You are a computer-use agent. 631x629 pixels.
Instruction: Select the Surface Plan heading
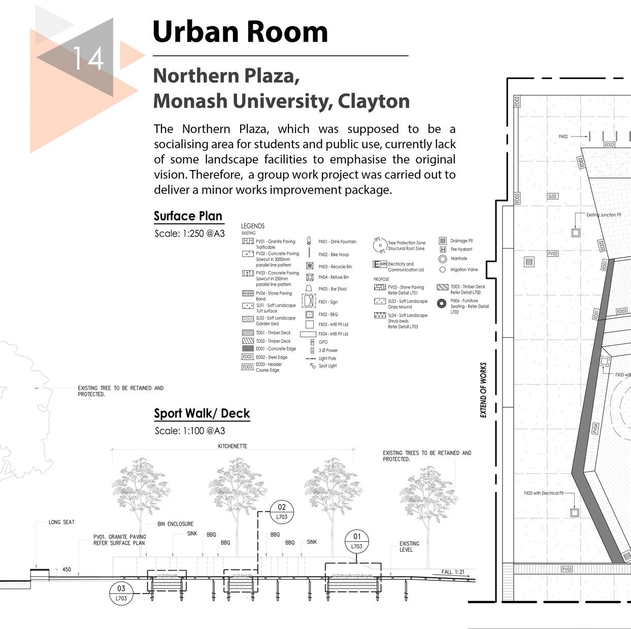pos(188,216)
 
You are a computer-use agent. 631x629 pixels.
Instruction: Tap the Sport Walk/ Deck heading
pos(202,413)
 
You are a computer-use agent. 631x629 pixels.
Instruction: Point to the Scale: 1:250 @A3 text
pos(189,234)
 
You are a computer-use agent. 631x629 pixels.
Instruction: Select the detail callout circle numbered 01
pos(357,541)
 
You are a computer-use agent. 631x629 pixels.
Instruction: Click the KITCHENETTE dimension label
pos(233,446)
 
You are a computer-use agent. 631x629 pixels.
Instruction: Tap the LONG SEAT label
pos(61,522)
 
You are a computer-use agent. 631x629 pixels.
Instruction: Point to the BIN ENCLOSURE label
pos(175,524)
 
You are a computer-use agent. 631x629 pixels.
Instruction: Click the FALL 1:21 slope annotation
pos(453,572)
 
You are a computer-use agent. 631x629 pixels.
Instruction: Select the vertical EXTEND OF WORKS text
pos(483,390)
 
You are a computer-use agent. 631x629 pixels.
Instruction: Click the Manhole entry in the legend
pos(458,259)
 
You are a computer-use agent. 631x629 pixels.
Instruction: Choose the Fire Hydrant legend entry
pos(461,250)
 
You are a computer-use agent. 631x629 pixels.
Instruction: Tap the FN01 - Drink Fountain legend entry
pos(337,242)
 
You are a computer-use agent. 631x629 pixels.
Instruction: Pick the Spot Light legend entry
pos(327,366)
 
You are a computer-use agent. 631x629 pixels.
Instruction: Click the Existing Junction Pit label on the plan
pos(604,215)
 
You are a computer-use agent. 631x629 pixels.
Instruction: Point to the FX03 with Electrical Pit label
pos(544,493)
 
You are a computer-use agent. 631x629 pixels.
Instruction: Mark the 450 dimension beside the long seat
pos(67,570)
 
